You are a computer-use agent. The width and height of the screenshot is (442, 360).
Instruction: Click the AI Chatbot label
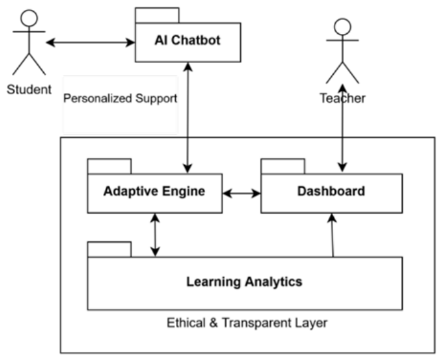coord(187,40)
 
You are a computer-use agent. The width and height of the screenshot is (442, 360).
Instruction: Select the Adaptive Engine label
coord(154,191)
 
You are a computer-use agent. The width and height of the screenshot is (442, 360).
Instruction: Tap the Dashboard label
coord(331,191)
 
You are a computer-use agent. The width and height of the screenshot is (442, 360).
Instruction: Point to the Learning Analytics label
coord(244,282)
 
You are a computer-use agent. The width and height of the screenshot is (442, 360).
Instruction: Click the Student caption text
coord(29,90)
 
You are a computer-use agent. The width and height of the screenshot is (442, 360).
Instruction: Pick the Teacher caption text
coord(342,98)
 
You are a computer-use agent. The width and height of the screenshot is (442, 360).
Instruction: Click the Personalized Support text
coord(120,98)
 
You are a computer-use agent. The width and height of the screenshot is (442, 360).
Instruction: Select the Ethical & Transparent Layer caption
coord(247,323)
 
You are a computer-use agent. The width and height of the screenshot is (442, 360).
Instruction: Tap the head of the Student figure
coord(29,19)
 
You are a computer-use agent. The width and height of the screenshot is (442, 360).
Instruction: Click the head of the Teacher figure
coord(342,27)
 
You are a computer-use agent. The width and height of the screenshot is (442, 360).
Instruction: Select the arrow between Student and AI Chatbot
coord(90,42)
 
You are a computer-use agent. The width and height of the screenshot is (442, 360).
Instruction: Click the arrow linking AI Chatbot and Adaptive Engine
coord(188,117)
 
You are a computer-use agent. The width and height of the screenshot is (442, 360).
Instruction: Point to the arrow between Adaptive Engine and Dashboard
coord(242,193)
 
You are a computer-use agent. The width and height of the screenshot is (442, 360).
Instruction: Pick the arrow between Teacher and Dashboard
coord(342,128)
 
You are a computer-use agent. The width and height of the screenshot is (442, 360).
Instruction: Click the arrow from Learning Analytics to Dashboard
coord(332,235)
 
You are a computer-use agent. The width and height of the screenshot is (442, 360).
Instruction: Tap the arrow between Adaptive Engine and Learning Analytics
coord(155,235)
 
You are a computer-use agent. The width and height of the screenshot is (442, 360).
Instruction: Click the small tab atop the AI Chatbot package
coord(157,15)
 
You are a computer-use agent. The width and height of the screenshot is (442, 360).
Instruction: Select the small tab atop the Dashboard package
coord(283,166)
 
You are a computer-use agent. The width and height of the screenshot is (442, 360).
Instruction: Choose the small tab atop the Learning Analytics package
coord(110,249)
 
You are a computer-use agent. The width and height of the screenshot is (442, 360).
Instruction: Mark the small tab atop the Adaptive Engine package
coord(110,166)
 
